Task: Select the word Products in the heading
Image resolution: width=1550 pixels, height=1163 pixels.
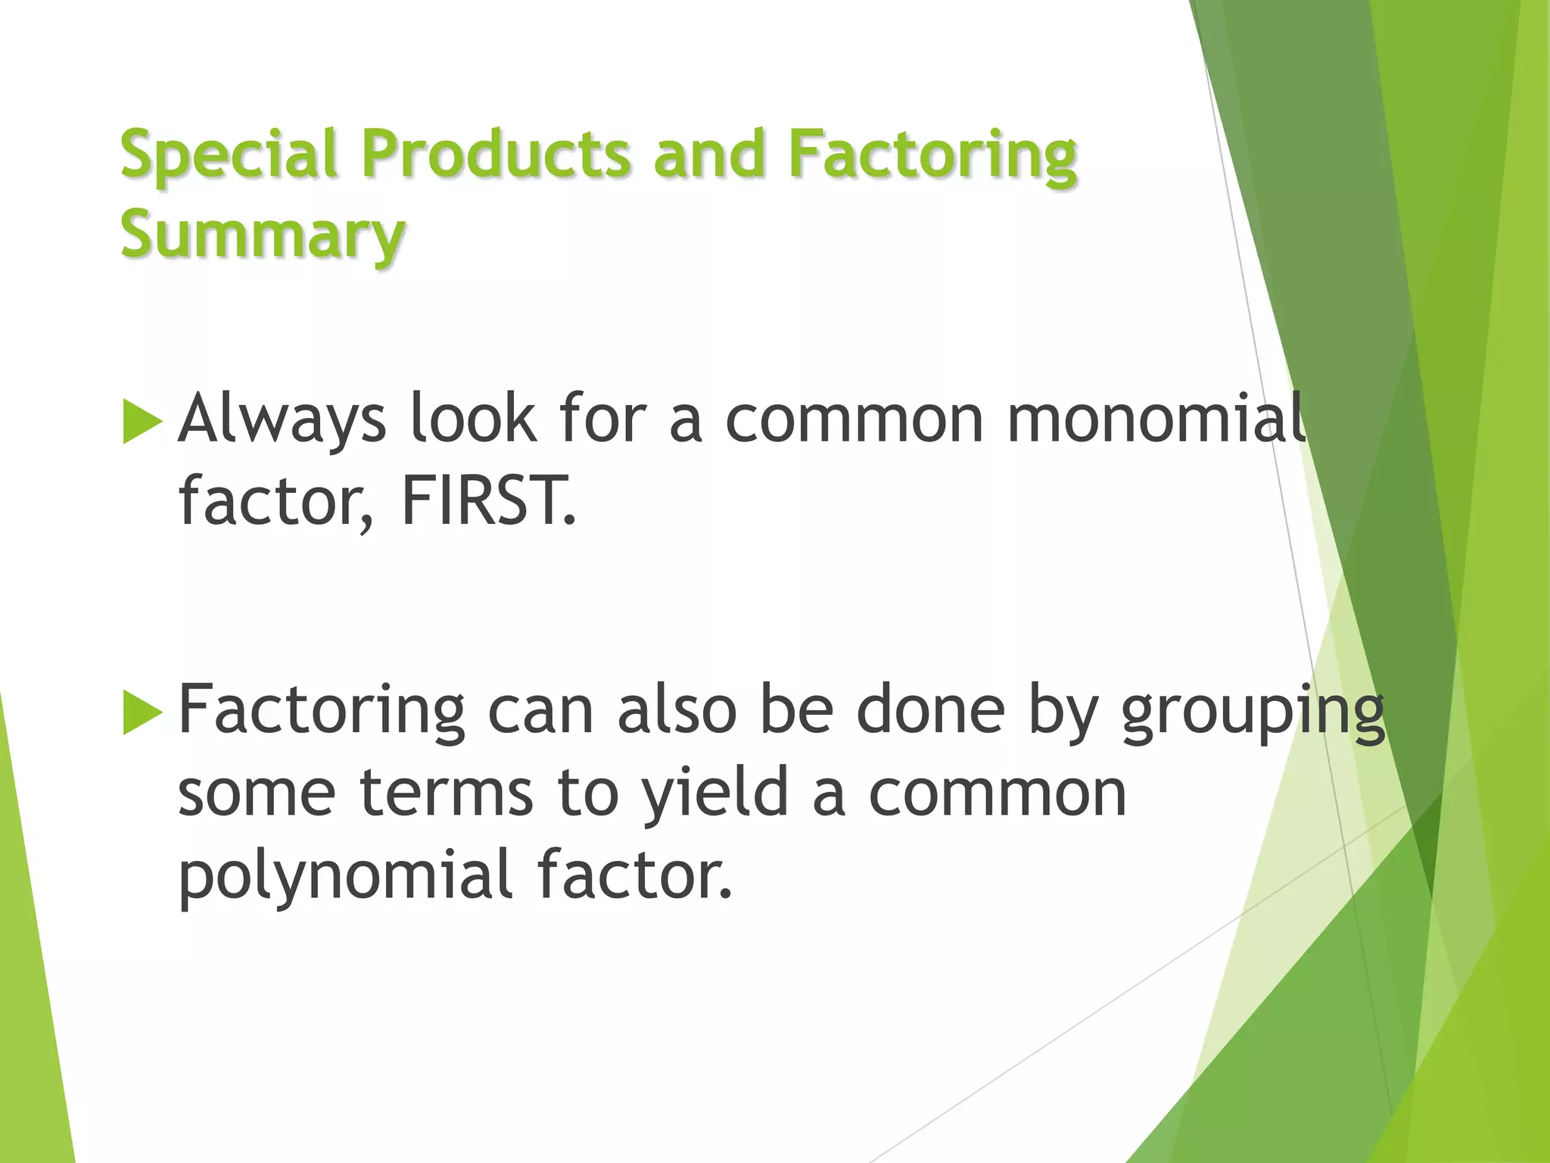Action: (496, 154)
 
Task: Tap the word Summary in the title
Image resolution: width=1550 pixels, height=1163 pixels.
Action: (263, 235)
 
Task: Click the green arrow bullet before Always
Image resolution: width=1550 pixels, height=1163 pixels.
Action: (142, 421)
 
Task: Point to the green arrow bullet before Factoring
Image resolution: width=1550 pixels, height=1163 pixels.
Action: (142, 712)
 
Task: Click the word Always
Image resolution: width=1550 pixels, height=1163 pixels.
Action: (282, 419)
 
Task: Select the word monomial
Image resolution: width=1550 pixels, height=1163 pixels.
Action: (1156, 418)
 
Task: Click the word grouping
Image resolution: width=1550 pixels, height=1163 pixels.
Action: (1253, 712)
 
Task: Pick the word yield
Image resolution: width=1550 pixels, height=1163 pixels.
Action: (715, 794)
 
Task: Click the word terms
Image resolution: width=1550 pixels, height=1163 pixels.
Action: (447, 794)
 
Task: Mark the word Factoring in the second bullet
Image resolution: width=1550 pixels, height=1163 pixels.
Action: (322, 712)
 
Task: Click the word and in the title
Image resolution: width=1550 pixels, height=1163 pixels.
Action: (709, 154)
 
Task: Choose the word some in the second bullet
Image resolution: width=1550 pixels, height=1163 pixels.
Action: (257, 794)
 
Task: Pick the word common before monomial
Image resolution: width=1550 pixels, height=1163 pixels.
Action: (854, 419)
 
